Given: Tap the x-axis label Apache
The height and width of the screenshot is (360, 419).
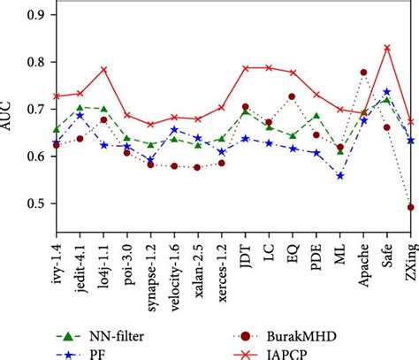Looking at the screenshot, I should pyautogui.click(x=363, y=257).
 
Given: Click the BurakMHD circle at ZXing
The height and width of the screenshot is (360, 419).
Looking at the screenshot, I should pyautogui.click(x=411, y=207).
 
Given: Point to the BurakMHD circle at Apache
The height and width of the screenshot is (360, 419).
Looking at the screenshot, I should pyautogui.click(x=363, y=73).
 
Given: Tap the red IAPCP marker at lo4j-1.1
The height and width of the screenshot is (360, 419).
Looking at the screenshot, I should pyautogui.click(x=103, y=69).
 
